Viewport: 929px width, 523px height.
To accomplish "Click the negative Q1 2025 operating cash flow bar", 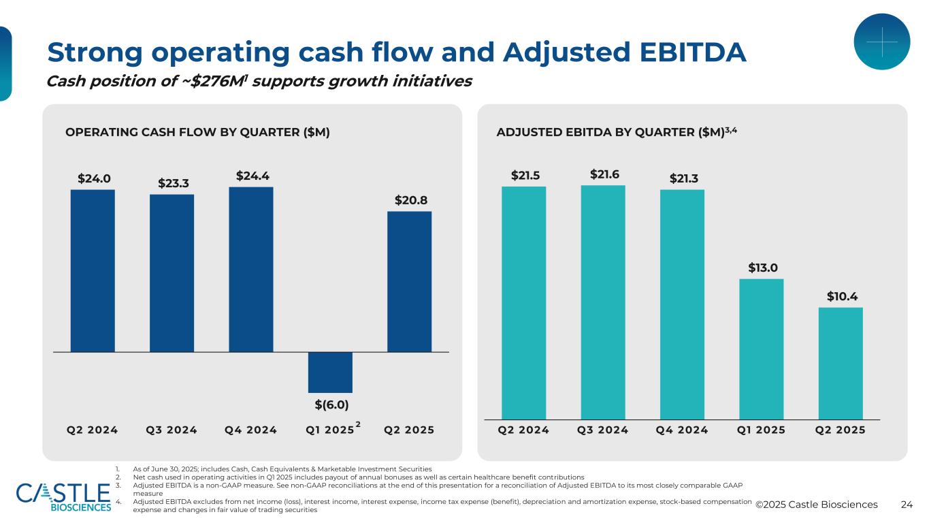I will (330, 372).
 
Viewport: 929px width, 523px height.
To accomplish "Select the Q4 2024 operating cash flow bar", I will (251, 269).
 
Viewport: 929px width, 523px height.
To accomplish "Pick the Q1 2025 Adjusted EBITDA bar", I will (762, 349).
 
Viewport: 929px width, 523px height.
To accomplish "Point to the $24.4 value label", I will (251, 176).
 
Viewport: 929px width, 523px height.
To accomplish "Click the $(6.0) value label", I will (331, 405).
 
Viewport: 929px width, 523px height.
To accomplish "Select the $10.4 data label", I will (842, 296).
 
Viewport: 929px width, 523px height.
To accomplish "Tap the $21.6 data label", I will (604, 174).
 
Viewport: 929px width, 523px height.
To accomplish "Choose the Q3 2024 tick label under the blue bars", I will (172, 430).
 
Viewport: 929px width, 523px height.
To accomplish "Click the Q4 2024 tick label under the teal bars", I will (682, 430).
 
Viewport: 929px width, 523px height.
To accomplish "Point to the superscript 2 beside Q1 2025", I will (358, 425).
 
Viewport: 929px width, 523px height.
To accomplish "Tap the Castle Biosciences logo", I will (63, 496).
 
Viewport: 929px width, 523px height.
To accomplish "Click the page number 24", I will (906, 505).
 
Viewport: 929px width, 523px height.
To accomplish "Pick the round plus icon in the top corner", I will (881, 42).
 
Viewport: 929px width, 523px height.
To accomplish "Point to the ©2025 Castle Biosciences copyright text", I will (817, 505).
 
